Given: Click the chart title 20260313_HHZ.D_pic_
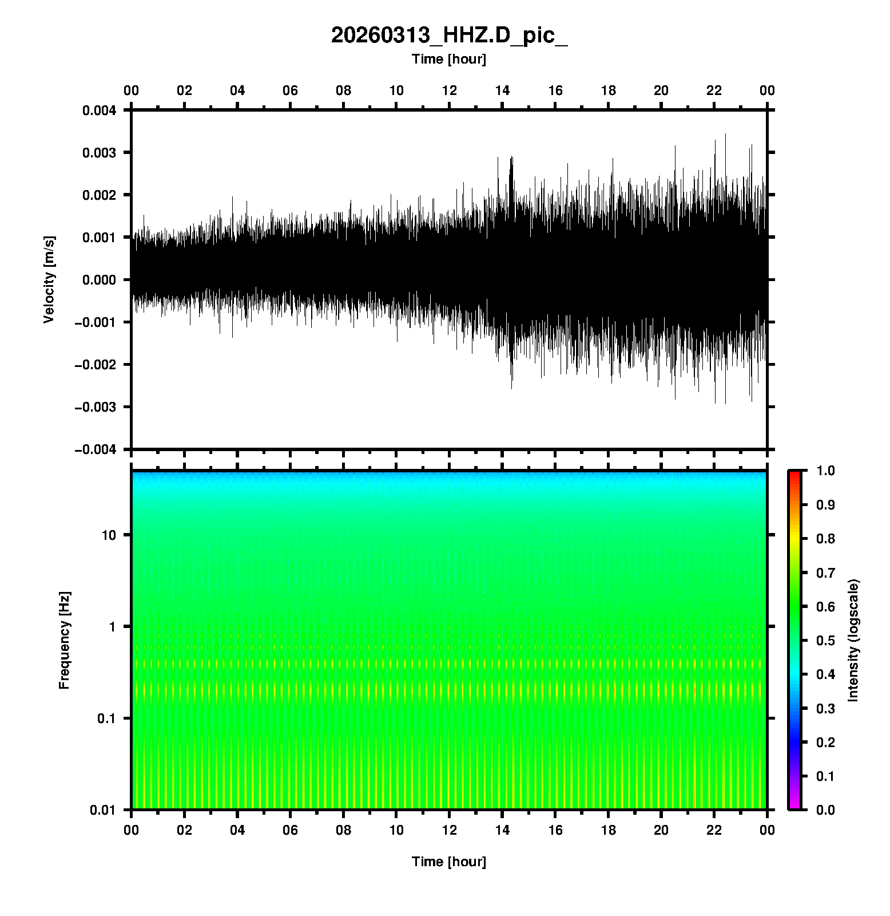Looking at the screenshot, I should [449, 35].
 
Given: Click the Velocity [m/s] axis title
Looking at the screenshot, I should [49, 279].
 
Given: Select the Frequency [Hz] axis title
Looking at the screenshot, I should [64, 641].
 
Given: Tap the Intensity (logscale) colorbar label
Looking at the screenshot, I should [854, 640].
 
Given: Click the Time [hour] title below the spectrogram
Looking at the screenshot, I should [449, 862].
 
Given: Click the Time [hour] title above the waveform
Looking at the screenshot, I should [449, 59].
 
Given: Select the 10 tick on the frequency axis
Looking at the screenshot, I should [109, 535].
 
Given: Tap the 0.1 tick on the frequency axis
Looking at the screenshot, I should [106, 718].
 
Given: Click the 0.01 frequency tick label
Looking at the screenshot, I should [104, 810].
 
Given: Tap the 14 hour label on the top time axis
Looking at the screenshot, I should [502, 90].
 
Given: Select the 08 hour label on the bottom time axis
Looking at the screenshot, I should [343, 830].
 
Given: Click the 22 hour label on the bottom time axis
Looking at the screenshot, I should [714, 830].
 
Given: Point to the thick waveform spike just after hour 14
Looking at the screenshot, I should [511, 172].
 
